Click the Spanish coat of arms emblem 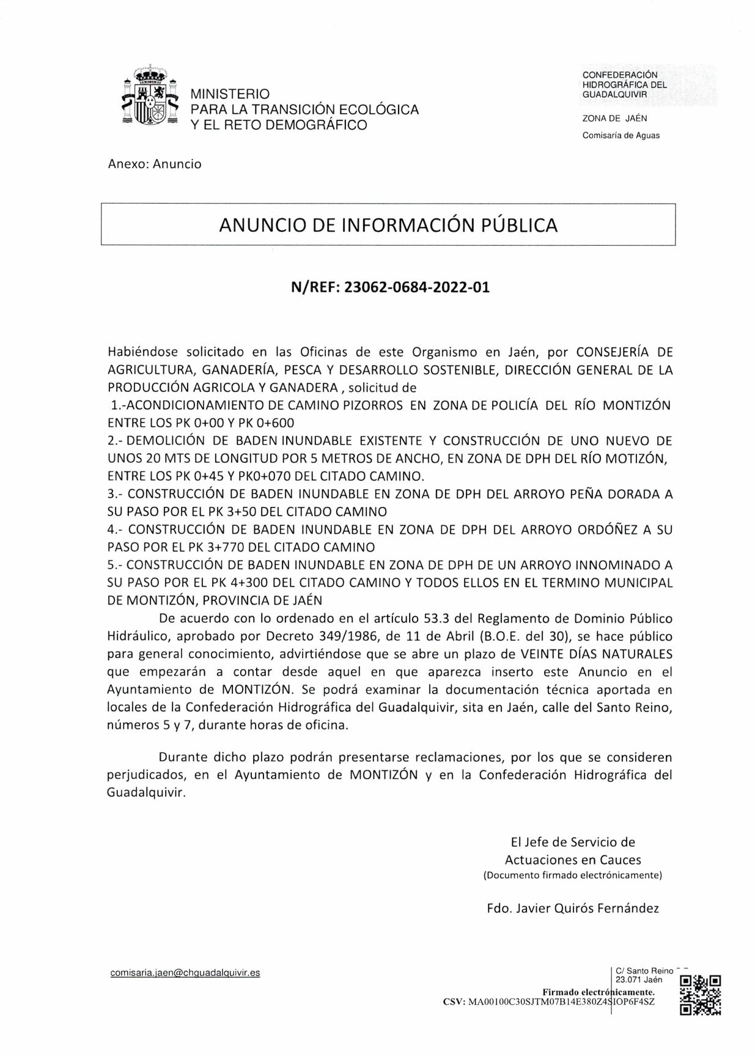click(149, 97)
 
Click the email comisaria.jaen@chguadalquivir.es click(185, 972)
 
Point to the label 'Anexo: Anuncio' click(154, 164)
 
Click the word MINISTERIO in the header click(230, 94)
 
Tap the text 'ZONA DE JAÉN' click(614, 119)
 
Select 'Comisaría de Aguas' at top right click(621, 135)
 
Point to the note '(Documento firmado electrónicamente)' click(572, 875)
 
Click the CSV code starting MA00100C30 click(561, 1002)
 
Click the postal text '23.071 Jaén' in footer click(639, 979)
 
